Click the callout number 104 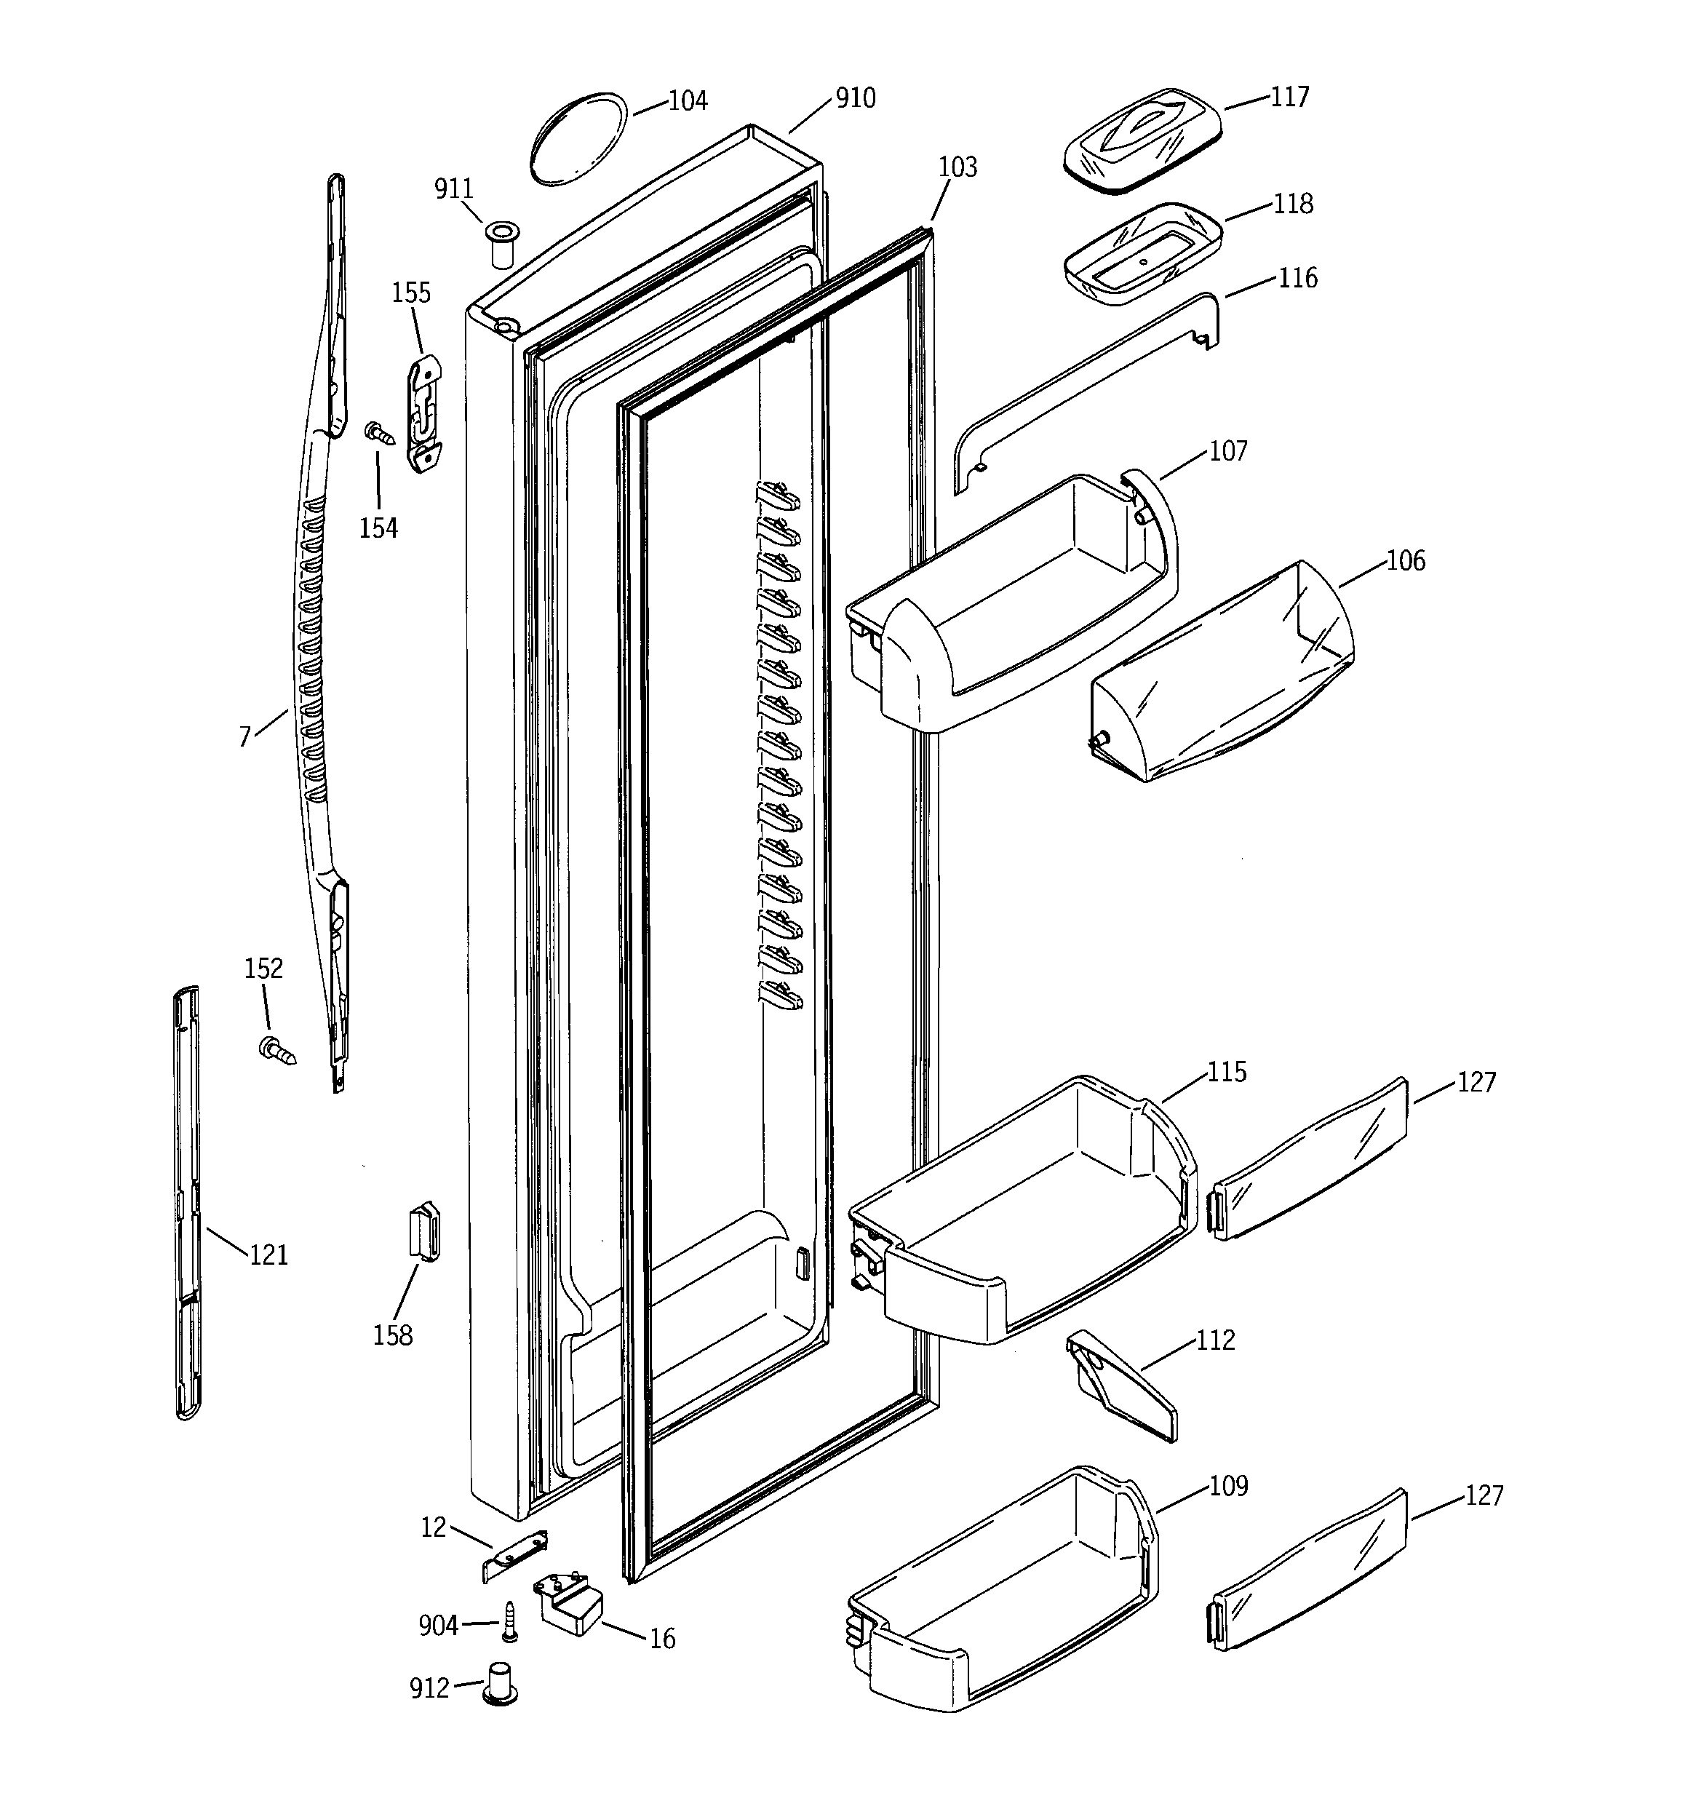click(688, 100)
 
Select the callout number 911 click(454, 188)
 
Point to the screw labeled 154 click(381, 434)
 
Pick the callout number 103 click(958, 167)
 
